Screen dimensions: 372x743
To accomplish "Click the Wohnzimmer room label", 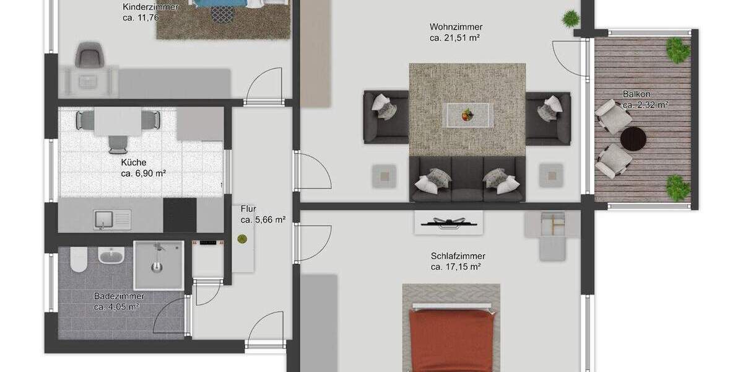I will point(456,27).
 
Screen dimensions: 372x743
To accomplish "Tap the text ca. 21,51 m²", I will point(456,38).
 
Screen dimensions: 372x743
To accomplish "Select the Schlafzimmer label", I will point(458,255).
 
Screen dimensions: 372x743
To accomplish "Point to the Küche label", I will point(134,162).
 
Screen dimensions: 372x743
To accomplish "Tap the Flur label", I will point(248,209).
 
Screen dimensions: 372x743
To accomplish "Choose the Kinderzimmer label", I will point(150,7).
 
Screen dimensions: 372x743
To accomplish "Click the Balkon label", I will point(636,94).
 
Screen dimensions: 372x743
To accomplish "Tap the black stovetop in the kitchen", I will point(180,215).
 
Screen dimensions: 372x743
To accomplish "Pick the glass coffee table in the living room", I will point(467,115).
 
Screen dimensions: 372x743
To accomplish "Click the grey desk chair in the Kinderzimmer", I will point(88,55).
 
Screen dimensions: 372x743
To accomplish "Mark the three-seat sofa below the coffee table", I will point(467,179).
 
